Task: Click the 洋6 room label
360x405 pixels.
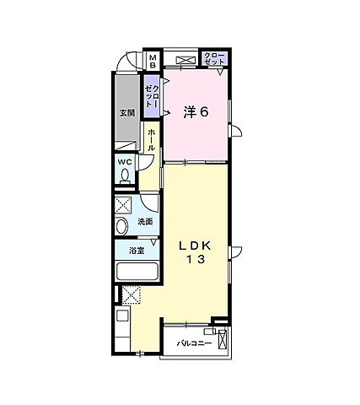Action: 196,112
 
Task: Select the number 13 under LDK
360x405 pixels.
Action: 199,261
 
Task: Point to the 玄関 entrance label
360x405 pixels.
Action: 126,114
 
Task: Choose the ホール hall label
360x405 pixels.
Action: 151,140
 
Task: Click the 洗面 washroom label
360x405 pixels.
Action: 145,222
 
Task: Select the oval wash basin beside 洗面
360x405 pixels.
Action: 121,224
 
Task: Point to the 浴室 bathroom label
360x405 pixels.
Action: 136,251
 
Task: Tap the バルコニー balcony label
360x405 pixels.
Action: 194,344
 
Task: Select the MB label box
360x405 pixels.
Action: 153,61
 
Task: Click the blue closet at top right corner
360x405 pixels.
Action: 214,59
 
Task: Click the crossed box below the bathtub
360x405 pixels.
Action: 131,294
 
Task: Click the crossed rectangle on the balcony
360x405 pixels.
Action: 223,342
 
